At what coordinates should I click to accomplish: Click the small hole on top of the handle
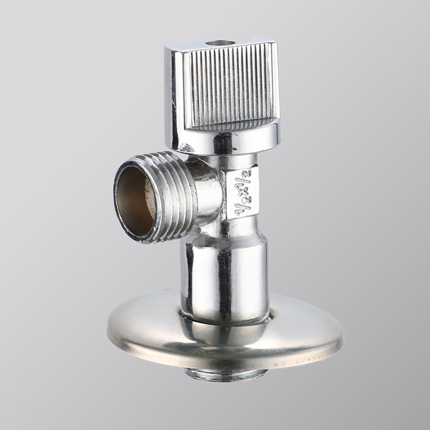point(220,43)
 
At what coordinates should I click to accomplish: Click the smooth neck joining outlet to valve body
point(206,193)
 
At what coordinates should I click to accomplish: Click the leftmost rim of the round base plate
point(109,329)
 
